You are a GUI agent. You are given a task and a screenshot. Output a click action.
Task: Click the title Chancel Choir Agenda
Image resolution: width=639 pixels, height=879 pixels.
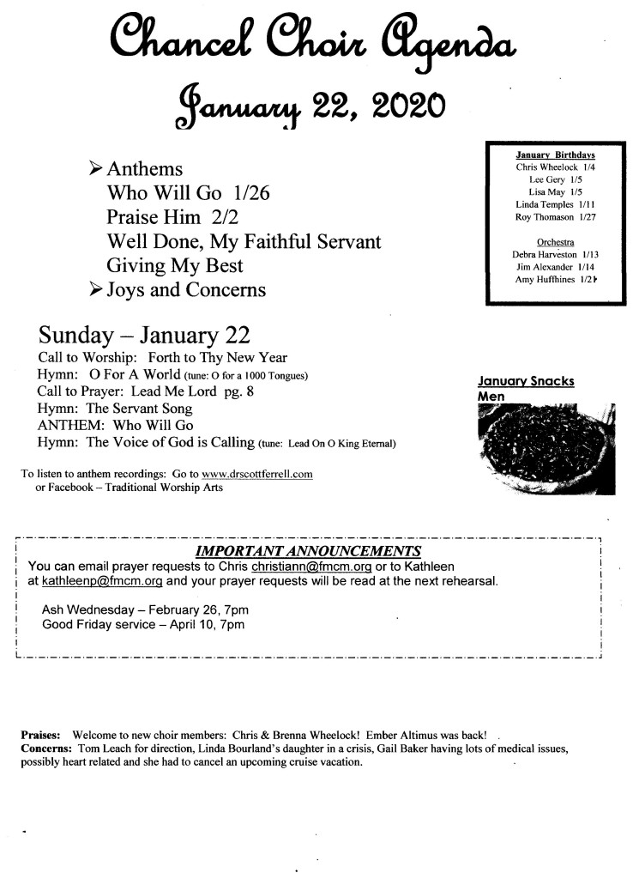(313, 39)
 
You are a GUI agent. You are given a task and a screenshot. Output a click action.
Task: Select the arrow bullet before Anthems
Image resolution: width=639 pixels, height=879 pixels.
(97, 168)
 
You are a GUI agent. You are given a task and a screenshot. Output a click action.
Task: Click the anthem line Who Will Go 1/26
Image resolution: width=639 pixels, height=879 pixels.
(188, 193)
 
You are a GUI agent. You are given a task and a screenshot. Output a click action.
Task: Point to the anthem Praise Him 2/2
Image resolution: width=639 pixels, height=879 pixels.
(171, 217)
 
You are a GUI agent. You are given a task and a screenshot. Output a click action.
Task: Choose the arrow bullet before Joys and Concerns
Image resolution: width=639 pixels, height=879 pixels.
(97, 290)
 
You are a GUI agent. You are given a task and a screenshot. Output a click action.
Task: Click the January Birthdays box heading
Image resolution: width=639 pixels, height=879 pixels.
(555, 155)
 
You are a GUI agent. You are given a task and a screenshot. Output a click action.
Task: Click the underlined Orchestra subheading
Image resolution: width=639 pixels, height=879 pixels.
(555, 241)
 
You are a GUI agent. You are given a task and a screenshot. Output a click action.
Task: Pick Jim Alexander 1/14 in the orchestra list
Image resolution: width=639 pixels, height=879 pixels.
(555, 267)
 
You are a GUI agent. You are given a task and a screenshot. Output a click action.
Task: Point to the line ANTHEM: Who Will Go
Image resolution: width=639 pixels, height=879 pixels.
(116, 426)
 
